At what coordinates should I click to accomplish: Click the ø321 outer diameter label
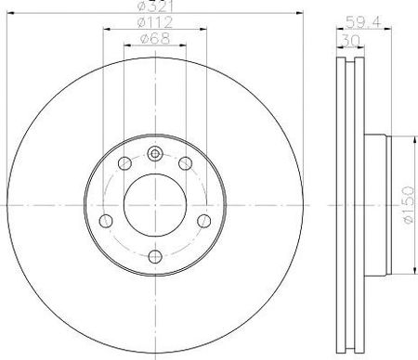155,6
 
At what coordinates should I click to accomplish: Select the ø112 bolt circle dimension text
155,22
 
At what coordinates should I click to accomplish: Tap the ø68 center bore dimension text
155,39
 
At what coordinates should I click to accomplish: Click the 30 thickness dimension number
350,40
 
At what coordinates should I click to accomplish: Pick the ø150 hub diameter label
409,204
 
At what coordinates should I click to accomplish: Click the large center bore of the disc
155,205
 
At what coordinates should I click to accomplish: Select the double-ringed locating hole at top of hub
155,154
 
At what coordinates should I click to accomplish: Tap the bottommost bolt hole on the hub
155,256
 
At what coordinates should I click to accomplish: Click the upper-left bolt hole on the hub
124,163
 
